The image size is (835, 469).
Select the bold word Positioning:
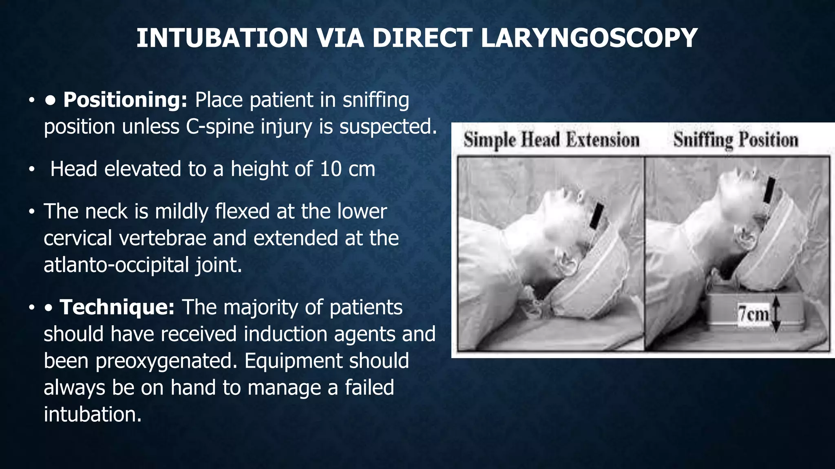125,100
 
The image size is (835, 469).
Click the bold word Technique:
117,307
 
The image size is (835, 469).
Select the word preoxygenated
166,361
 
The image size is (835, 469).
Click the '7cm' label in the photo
753,314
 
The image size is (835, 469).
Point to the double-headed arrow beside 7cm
775,314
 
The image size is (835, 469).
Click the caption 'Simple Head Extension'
551,140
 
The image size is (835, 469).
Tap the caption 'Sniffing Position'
736,140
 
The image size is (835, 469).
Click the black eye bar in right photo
769,190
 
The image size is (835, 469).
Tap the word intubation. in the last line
93,414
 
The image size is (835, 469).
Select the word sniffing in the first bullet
376,100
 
